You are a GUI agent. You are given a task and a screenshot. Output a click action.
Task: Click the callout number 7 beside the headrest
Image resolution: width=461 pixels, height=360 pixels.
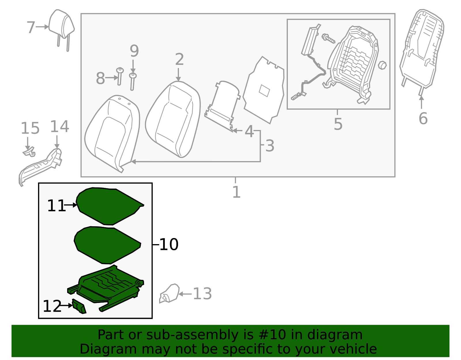click(x=31, y=27)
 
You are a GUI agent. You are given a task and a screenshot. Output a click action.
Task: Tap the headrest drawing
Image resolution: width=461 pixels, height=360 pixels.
click(x=61, y=24)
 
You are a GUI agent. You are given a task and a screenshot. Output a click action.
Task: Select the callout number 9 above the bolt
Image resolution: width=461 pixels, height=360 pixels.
click(x=134, y=51)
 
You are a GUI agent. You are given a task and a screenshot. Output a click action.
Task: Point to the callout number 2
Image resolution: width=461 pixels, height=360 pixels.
click(x=179, y=60)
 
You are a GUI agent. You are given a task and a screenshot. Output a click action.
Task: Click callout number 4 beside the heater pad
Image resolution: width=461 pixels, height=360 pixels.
click(x=249, y=132)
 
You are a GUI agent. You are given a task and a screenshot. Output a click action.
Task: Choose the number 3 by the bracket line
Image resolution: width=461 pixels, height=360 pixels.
click(x=270, y=146)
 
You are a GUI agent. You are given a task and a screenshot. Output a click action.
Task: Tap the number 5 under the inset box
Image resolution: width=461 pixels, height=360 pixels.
click(x=338, y=124)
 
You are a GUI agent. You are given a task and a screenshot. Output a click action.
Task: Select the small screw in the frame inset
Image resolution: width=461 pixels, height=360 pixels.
click(x=328, y=38)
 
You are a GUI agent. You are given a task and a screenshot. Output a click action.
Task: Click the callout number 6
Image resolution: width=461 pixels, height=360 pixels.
click(x=423, y=118)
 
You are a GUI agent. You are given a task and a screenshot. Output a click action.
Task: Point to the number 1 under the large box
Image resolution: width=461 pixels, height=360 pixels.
click(x=236, y=192)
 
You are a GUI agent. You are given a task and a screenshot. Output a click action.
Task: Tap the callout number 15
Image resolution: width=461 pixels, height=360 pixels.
click(x=30, y=129)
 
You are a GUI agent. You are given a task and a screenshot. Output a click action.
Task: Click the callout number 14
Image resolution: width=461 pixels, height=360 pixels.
click(x=60, y=127)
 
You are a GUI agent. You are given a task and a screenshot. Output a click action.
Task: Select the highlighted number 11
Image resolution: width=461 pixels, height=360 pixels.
click(x=56, y=206)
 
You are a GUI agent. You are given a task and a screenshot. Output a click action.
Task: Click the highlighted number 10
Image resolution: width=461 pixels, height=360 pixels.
click(x=169, y=245)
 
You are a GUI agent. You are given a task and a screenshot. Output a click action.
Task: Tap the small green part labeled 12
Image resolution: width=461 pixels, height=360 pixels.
click(x=79, y=306)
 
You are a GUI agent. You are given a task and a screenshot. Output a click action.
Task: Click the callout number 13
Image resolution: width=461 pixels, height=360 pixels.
click(x=202, y=294)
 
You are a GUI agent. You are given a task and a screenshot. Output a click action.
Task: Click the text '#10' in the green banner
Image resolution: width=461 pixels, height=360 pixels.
click(x=272, y=335)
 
